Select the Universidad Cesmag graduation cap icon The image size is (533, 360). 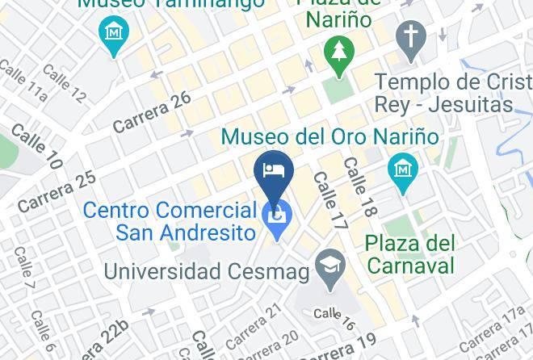pos(329,264)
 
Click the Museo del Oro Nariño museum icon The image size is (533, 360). pos(401,169)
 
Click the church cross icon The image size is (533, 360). pos(411,36)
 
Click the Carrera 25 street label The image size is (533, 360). pos(57,192)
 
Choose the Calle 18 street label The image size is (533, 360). pos(360,186)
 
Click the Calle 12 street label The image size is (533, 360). pos(67,84)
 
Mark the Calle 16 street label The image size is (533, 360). pos(334,320)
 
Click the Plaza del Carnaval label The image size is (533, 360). pos(410,253)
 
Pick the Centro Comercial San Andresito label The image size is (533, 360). pos(170,221)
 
